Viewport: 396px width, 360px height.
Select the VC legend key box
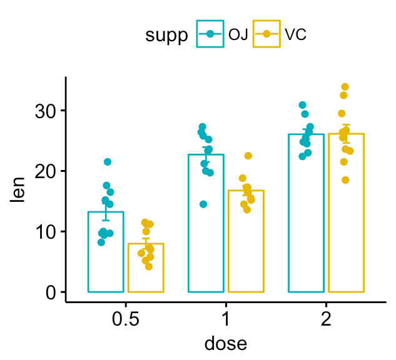click(x=266, y=35)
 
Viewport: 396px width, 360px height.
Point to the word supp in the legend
click(x=167, y=36)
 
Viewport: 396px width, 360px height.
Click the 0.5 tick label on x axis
click(x=126, y=319)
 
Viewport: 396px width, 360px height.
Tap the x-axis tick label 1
click(x=226, y=319)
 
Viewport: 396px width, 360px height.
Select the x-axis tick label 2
click(x=326, y=319)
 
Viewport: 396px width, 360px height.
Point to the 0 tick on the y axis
click(x=51, y=292)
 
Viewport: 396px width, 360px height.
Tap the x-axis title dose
click(x=226, y=343)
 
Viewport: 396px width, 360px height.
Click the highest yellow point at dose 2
click(x=345, y=87)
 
